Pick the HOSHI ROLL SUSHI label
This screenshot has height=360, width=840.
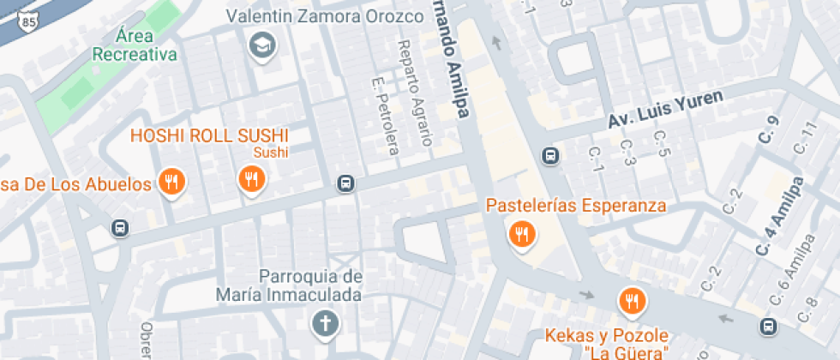pyautogui.click(x=209, y=135)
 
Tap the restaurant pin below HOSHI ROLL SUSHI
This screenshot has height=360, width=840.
pyautogui.click(x=251, y=179)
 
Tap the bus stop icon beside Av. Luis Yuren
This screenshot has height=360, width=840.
pyautogui.click(x=550, y=156)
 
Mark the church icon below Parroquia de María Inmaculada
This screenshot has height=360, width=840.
pyautogui.click(x=325, y=324)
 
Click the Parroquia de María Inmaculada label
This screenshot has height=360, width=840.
pyautogui.click(x=310, y=286)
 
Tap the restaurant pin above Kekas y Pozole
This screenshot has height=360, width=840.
pyautogui.click(x=632, y=300)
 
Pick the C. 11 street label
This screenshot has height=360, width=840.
pyautogui.click(x=806, y=138)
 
